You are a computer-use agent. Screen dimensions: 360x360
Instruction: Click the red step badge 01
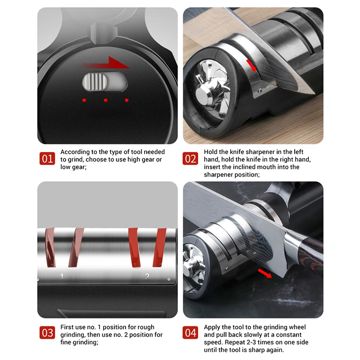click(47, 158)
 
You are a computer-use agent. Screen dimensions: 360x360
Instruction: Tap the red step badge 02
click(190, 158)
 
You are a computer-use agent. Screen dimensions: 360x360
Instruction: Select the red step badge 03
click(47, 333)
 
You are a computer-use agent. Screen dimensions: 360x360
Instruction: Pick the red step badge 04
click(190, 333)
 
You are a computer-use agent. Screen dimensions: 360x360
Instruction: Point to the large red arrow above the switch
click(106, 63)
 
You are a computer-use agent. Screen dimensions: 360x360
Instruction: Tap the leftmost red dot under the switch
click(84, 100)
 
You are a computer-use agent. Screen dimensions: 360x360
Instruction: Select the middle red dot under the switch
click(106, 100)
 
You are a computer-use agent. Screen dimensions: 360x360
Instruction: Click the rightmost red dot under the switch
click(127, 100)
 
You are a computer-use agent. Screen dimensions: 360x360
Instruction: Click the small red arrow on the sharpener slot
click(251, 65)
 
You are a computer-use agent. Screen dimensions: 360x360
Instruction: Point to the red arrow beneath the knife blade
click(265, 273)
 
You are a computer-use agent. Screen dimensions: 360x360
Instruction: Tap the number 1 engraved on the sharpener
click(62, 276)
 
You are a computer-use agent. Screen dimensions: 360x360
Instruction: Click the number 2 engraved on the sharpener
click(147, 276)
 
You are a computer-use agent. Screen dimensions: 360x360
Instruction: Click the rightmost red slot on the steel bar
click(160, 247)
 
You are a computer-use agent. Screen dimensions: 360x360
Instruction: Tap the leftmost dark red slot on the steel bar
click(50, 247)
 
